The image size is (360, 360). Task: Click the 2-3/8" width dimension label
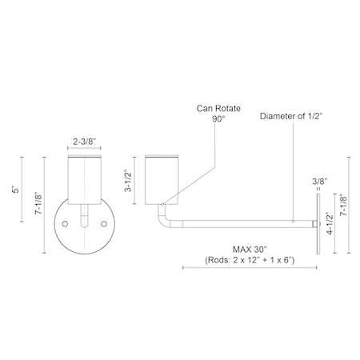coord(84,142)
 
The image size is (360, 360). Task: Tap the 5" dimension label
coord(16,189)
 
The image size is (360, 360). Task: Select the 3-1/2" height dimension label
coord(128,181)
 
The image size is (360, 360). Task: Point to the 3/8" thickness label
coord(319,182)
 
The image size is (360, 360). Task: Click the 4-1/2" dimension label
coord(330,223)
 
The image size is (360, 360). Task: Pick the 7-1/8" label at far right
coord(343,205)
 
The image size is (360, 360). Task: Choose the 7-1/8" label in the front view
coord(39,203)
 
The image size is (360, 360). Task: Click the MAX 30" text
coord(250,250)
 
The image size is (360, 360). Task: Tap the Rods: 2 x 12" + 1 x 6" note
coord(250,260)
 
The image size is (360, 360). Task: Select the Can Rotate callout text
coord(218,108)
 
